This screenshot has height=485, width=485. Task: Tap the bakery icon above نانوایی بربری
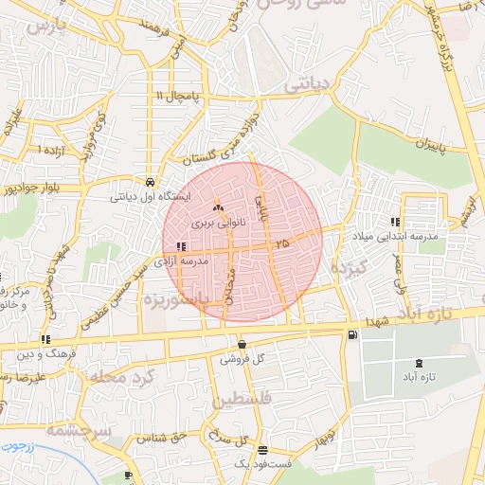coord(218,207)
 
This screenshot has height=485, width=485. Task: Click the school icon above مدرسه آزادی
coord(181,247)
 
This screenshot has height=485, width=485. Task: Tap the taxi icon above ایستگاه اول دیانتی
coord(151,181)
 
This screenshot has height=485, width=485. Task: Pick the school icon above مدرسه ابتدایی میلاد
coord(395,223)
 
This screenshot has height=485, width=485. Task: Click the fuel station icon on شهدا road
coord(353,334)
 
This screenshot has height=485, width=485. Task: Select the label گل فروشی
coord(242,360)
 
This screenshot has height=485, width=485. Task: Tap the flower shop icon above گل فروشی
coord(242,345)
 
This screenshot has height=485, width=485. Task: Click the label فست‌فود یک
coord(260,465)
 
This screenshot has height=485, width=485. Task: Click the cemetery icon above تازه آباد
coord(420,364)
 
